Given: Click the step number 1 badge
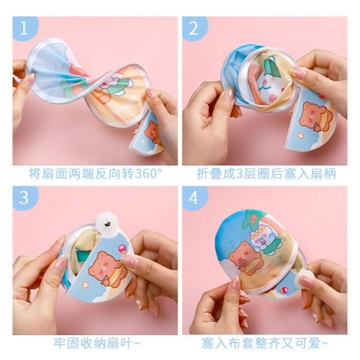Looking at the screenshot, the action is [25, 28].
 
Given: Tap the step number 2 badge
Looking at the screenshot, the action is [194, 28].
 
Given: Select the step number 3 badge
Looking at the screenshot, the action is [25, 197].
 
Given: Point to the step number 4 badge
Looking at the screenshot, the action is [194, 197].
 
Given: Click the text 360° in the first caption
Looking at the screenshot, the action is [148, 174].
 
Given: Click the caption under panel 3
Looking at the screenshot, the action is [97, 344].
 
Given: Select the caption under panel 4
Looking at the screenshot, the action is [265, 344].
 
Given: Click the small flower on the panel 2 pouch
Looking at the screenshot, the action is [300, 135].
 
